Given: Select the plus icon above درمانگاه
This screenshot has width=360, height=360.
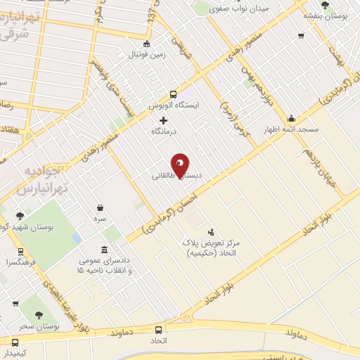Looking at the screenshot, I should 164,120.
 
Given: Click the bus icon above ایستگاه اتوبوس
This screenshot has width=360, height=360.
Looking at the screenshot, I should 173,94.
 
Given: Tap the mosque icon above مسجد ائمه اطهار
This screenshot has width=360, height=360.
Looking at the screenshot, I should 291,118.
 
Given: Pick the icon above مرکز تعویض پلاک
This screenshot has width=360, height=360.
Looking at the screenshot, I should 212,231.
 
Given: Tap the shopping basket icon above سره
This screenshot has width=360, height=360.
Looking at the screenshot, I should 101,208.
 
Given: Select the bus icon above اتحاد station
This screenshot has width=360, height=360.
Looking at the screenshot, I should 158,329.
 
